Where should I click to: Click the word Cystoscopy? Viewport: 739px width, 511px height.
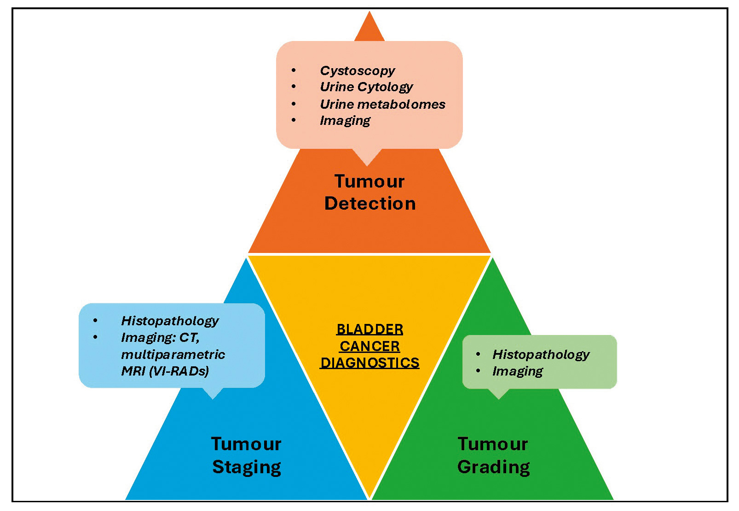[x=357, y=70]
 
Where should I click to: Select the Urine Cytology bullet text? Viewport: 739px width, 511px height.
[x=366, y=87]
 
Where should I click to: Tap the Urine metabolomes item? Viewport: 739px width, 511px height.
[x=382, y=104]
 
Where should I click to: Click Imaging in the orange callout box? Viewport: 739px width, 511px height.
[x=345, y=121]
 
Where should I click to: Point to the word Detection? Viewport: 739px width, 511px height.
[x=370, y=204]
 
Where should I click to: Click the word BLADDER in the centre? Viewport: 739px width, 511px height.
[x=370, y=329]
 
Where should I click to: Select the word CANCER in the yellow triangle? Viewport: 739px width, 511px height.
[x=370, y=346]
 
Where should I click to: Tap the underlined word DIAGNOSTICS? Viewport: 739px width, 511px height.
[x=370, y=363]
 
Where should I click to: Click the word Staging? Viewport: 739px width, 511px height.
[x=247, y=467]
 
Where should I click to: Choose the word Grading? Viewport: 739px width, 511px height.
[x=493, y=467]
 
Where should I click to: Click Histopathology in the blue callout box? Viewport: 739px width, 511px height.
[x=170, y=321]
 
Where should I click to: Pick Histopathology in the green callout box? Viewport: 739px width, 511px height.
[x=541, y=354]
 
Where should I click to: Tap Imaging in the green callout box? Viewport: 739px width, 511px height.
[x=518, y=371]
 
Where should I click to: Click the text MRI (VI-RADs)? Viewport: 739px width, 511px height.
[x=165, y=371]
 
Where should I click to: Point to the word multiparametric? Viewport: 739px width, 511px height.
[x=173, y=354]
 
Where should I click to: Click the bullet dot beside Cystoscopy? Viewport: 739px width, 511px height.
[x=294, y=70]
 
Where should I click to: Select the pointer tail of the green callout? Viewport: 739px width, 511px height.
[x=498, y=394]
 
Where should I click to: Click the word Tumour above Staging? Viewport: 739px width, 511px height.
[x=246, y=444]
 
